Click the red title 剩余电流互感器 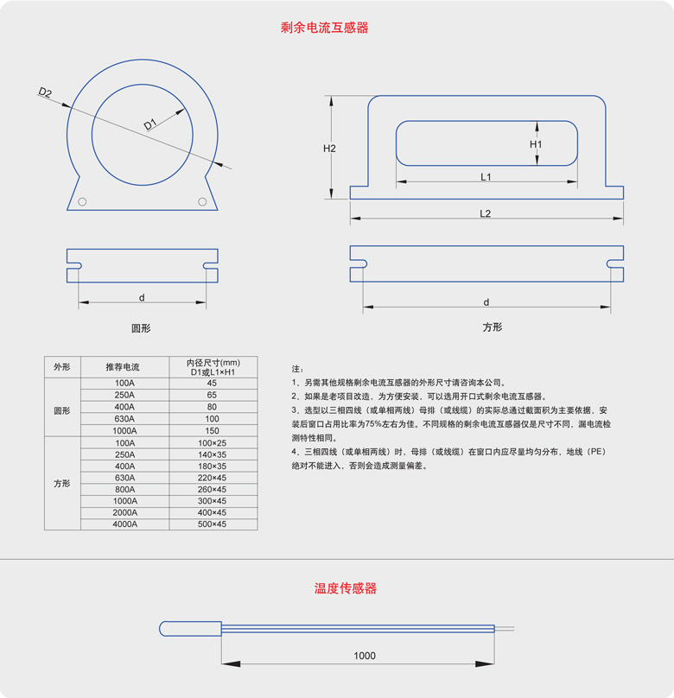(325, 27)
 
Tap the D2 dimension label (45, 92)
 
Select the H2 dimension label (329, 148)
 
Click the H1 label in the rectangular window (536, 144)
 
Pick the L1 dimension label (486, 176)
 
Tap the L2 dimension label (486, 213)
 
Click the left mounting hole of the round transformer (83, 202)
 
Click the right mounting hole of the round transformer (202, 202)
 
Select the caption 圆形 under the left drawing (141, 328)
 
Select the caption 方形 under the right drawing (493, 327)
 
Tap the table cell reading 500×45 (212, 524)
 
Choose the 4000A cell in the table (124, 524)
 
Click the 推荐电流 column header (124, 366)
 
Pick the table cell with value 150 (212, 430)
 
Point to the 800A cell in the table (124, 489)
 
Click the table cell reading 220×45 (212, 478)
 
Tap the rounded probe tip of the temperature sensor (167, 628)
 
